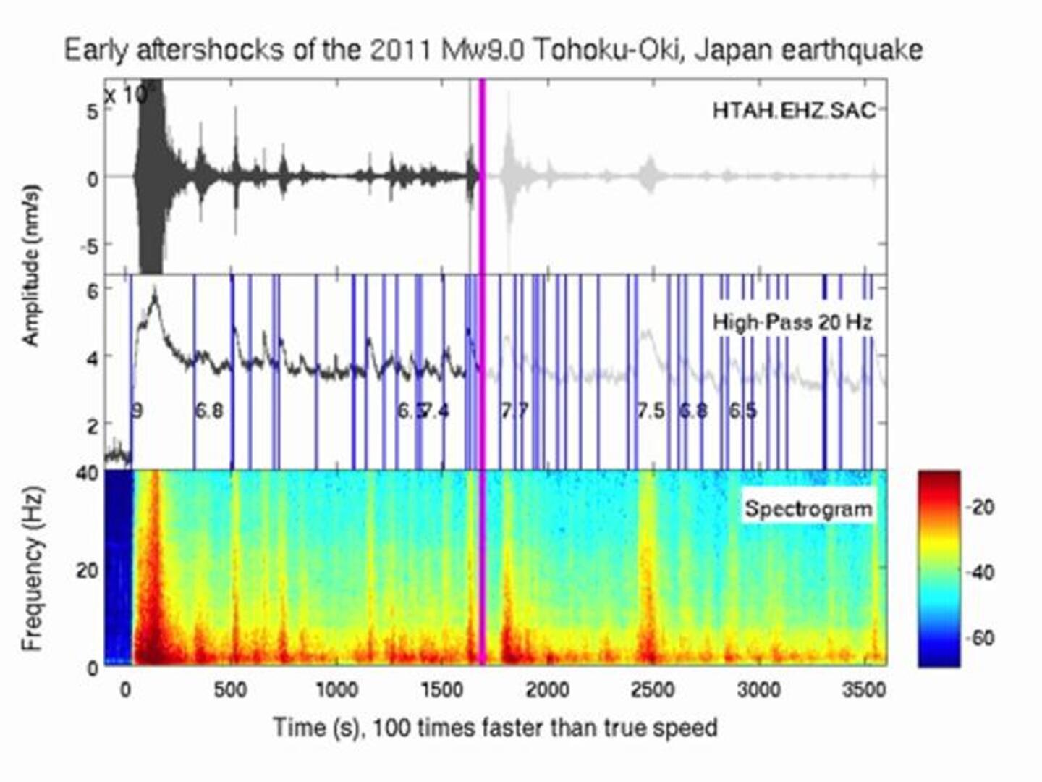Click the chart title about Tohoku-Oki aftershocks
tap(494, 51)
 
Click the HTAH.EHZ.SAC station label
tap(794, 110)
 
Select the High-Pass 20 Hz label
tap(792, 322)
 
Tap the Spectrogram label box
tap(808, 509)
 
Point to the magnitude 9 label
tap(137, 411)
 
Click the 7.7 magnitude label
tap(515, 411)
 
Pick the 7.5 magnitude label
tap(651, 411)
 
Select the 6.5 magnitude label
tap(742, 411)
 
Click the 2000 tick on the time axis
tap(547, 690)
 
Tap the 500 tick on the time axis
tap(230, 690)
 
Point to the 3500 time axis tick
tap(864, 690)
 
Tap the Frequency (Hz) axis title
tap(33, 568)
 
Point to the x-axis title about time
tap(495, 727)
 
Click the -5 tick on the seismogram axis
tap(89, 246)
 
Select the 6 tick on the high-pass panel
tap(93, 290)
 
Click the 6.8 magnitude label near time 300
tap(209, 411)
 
